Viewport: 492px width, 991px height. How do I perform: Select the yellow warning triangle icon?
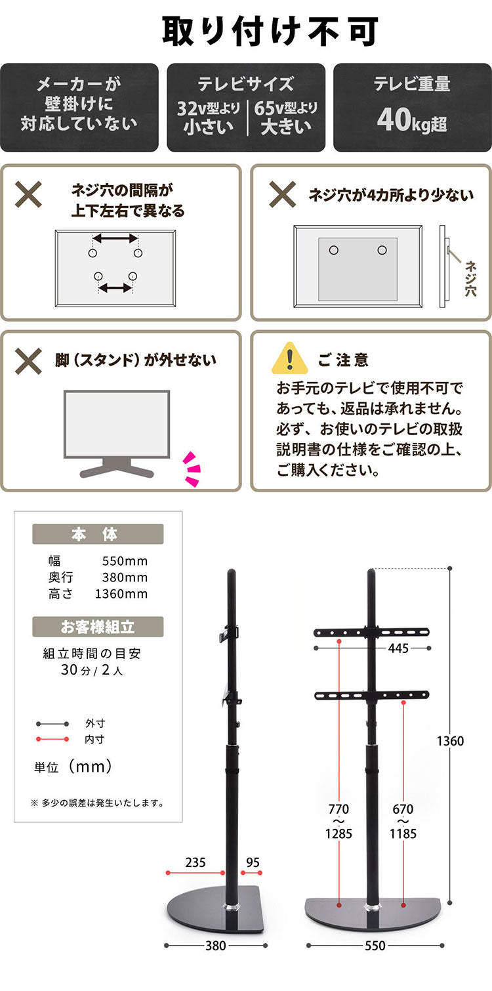pyautogui.click(x=289, y=358)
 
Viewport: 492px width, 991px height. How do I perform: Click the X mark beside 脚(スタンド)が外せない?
pyautogui.click(x=29, y=360)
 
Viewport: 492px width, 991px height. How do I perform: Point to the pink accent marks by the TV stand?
pyautogui.click(x=192, y=469)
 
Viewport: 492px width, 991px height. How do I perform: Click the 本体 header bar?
pyautogui.click(x=98, y=534)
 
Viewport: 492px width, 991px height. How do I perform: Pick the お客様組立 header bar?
pyautogui.click(x=98, y=627)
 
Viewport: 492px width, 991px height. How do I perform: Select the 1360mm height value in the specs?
pyautogui.click(x=121, y=594)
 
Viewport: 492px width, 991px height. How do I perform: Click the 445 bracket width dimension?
pyautogui.click(x=398, y=648)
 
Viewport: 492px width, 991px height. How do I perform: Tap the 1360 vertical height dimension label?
pyautogui.click(x=450, y=741)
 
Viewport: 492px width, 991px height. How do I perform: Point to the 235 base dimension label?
pyautogui.click(x=195, y=862)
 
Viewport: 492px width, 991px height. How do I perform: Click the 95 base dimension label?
pyautogui.click(x=252, y=862)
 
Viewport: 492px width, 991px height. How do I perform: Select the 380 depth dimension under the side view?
pyautogui.click(x=216, y=946)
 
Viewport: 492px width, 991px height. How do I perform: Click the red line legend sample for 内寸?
pyautogui.click(x=52, y=739)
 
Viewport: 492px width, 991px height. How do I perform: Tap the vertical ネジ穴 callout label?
pyautogui.click(x=470, y=278)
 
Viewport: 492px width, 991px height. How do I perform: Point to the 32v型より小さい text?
pyautogui.click(x=208, y=117)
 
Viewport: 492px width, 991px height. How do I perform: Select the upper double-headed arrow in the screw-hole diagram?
pyautogui.click(x=115, y=238)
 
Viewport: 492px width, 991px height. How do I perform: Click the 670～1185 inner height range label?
pyautogui.click(x=403, y=822)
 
